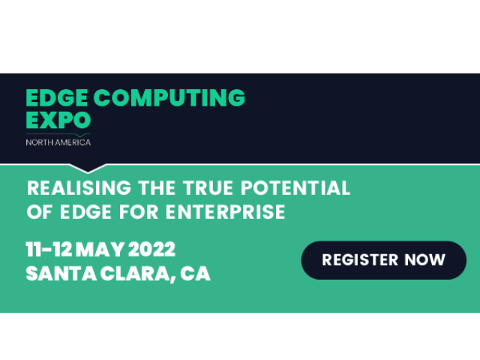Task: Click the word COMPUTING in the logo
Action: (169, 97)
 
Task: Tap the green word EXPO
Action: (58, 120)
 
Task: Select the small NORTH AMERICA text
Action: (58, 142)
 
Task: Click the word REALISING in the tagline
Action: (79, 187)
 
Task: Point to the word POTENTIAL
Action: (295, 187)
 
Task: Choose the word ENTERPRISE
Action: (225, 211)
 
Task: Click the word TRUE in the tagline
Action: (208, 187)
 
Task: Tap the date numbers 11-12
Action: (49, 249)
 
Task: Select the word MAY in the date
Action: (100, 249)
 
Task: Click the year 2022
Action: (151, 249)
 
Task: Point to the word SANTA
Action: (61, 273)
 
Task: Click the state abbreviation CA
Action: (195, 273)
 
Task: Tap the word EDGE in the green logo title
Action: (57, 97)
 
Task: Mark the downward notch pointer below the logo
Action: (88, 169)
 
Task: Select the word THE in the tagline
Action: (157, 187)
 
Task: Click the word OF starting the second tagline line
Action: (39, 211)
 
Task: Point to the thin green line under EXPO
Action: (58, 134)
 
